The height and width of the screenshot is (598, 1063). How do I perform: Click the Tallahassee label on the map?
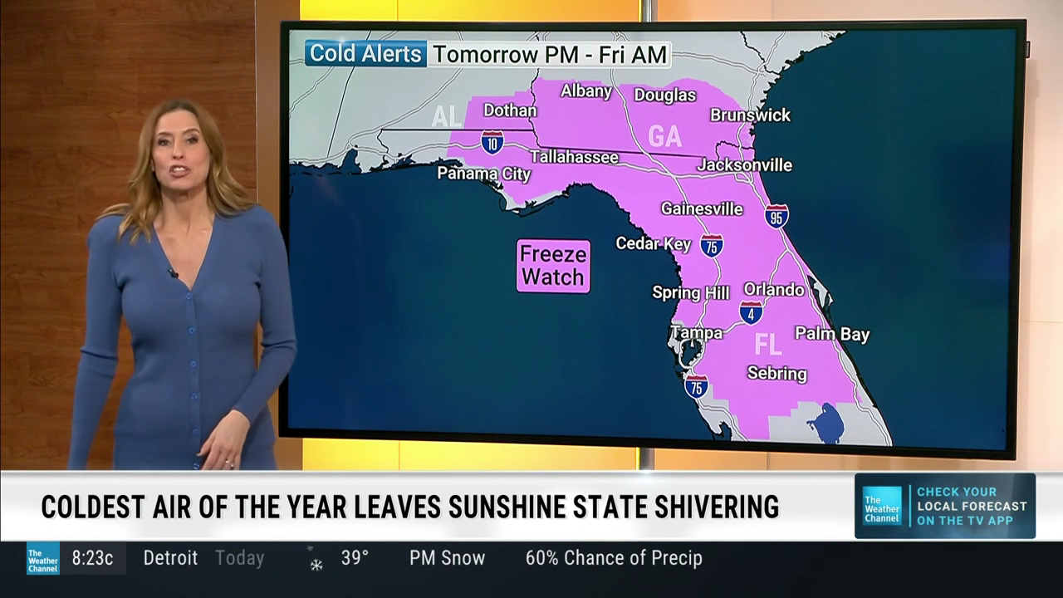pyautogui.click(x=574, y=157)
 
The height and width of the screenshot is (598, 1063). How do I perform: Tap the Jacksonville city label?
pyautogui.click(x=744, y=164)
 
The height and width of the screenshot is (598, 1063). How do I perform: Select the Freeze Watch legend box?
pyautogui.click(x=553, y=266)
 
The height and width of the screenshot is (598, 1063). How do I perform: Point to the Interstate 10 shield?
pyautogui.click(x=492, y=142)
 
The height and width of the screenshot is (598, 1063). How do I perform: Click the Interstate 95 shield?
pyautogui.click(x=776, y=217)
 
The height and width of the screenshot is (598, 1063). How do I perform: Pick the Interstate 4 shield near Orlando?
pyautogui.click(x=751, y=312)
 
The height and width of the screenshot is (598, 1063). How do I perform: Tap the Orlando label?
pyautogui.click(x=773, y=290)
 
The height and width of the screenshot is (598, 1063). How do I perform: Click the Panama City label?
pyautogui.click(x=483, y=174)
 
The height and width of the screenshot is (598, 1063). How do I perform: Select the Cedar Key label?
pyautogui.click(x=653, y=243)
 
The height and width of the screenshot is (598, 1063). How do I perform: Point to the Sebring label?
pyautogui.click(x=776, y=374)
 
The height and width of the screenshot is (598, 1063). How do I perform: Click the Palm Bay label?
pyautogui.click(x=832, y=334)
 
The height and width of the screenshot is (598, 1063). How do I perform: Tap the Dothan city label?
pyautogui.click(x=510, y=110)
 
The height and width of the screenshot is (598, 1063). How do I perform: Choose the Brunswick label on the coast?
pyautogui.click(x=750, y=115)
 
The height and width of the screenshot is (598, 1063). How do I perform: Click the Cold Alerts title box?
pyautogui.click(x=366, y=54)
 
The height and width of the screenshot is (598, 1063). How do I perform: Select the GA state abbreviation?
pyautogui.click(x=664, y=136)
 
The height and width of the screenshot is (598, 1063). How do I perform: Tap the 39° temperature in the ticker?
pyautogui.click(x=355, y=558)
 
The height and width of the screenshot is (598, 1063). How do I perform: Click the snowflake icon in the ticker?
pyautogui.click(x=316, y=564)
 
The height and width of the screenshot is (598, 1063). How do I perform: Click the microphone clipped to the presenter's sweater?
pyautogui.click(x=174, y=272)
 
